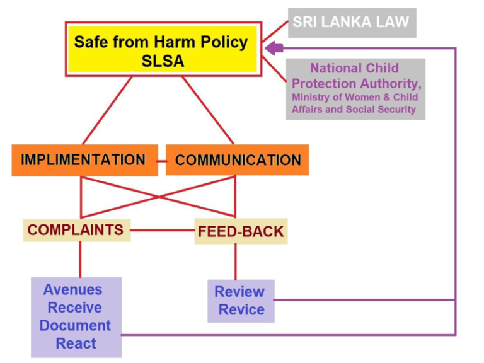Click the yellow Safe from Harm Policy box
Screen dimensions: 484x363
[x=163, y=49]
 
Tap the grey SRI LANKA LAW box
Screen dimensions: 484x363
[x=352, y=23]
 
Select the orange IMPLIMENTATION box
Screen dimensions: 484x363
[x=85, y=160]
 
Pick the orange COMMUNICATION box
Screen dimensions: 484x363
[x=238, y=160]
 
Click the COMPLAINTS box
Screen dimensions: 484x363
[x=77, y=230]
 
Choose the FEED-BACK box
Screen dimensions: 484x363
[x=241, y=231]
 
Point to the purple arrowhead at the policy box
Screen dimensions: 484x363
[x=274, y=48]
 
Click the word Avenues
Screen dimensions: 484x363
[x=73, y=290]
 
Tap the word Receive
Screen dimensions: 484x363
[x=75, y=308]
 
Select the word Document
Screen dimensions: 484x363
[x=75, y=326]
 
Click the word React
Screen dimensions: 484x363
[x=76, y=343]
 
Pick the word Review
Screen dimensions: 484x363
[x=239, y=292]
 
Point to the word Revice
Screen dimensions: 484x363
[x=241, y=309]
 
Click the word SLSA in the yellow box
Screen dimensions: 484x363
[x=163, y=60]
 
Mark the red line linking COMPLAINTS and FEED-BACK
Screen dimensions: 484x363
[x=163, y=230]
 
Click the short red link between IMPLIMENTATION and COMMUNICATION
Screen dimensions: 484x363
[x=162, y=161]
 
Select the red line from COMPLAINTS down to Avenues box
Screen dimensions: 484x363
[x=80, y=259]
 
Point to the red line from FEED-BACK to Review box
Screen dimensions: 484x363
[x=236, y=262]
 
